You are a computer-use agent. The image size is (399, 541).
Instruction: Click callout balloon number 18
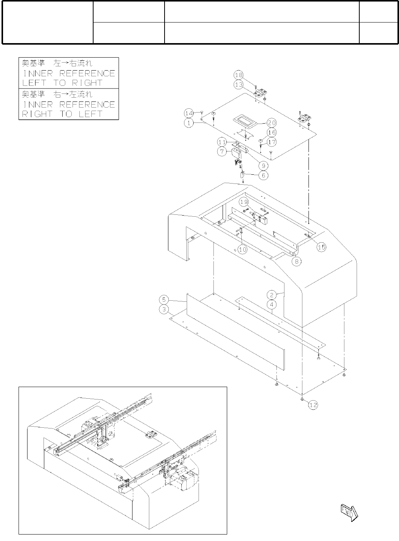[239, 75]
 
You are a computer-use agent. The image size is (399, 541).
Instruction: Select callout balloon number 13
[239, 84]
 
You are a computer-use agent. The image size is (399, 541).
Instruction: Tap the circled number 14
[189, 113]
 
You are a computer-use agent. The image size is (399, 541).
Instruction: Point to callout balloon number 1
[189, 123]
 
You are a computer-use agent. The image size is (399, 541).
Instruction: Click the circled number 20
[271, 123]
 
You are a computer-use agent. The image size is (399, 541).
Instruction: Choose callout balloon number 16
[271, 132]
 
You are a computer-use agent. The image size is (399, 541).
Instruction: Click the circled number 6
[263, 176]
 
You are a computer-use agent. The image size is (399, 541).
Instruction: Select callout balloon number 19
[244, 201]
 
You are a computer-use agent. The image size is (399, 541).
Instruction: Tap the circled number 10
[242, 250]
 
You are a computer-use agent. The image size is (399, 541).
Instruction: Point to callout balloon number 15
[321, 247]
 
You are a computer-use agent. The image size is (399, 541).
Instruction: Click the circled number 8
[297, 261]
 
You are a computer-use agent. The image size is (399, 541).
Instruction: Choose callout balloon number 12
[313, 405]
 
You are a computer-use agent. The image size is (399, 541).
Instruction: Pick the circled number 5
[164, 299]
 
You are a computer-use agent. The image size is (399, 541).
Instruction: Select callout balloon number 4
[271, 304]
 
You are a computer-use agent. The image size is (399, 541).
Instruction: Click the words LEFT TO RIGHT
[62, 83]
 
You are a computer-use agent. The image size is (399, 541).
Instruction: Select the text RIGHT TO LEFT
[62, 114]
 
